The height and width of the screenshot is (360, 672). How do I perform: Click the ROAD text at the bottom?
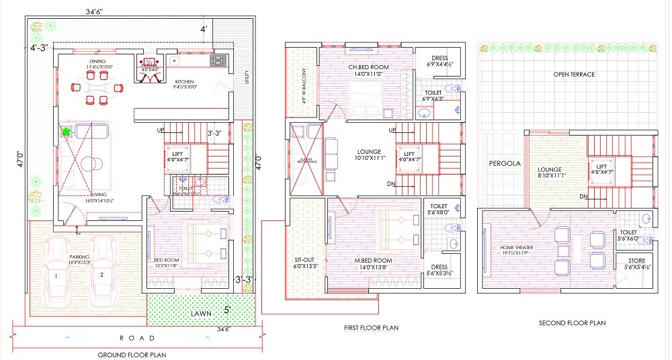coord(137,338)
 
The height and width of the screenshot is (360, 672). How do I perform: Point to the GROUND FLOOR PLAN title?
coord(132,354)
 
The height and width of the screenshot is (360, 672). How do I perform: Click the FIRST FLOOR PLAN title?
coord(372,328)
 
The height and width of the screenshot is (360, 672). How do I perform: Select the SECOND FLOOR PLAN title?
coord(572,323)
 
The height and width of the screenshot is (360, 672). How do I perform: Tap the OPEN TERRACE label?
coord(574,74)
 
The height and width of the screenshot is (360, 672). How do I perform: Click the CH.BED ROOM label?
coord(368,67)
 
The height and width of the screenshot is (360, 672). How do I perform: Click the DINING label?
coord(97,60)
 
